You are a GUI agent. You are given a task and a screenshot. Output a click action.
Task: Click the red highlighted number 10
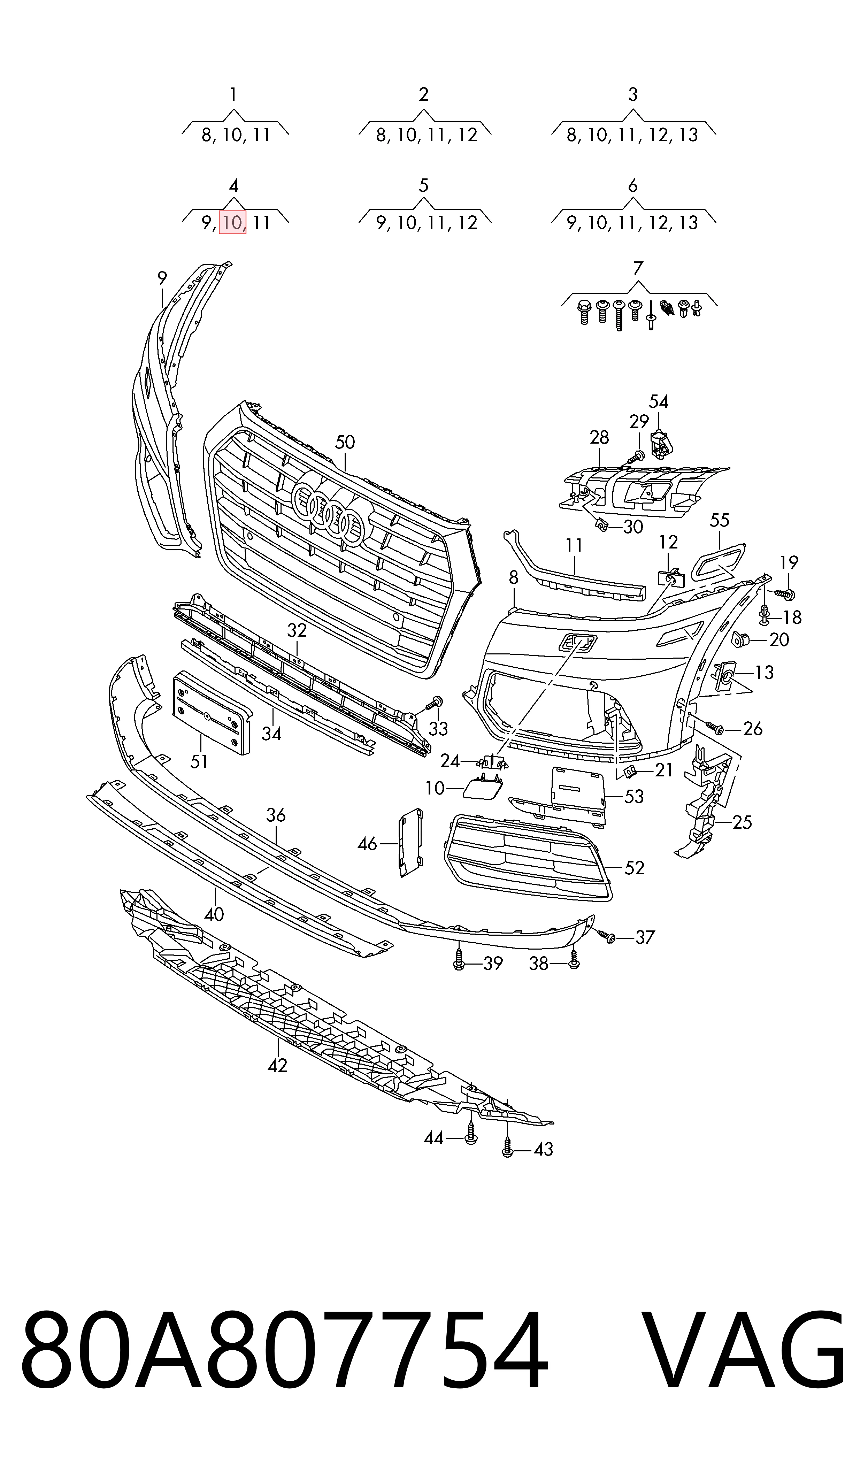[x=232, y=222]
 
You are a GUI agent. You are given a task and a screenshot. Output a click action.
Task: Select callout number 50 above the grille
[x=345, y=442]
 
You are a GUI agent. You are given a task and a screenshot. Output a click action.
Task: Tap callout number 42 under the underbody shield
[x=277, y=1065]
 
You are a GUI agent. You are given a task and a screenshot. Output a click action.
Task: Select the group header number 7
[x=638, y=268]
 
